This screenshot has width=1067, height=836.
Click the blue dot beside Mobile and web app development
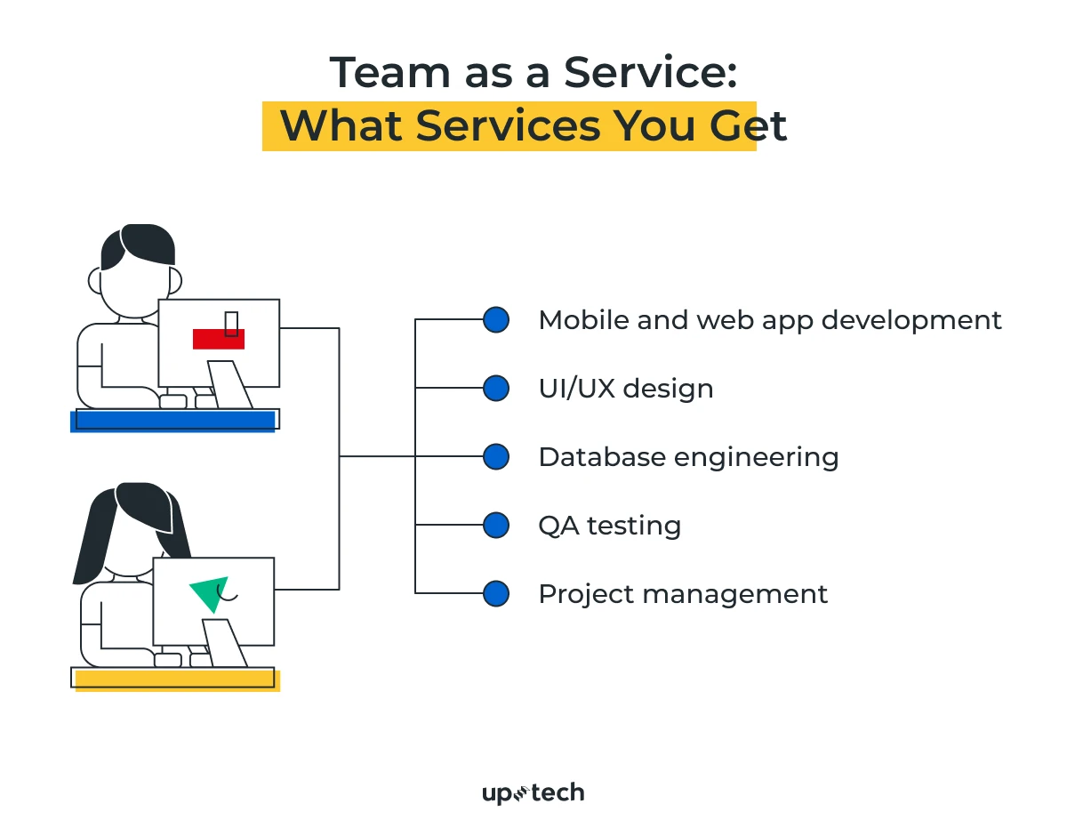(x=496, y=320)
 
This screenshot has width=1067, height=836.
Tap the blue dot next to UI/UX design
(x=496, y=389)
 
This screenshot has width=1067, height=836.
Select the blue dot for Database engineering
(x=496, y=457)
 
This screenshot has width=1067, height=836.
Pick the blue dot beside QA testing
(x=496, y=526)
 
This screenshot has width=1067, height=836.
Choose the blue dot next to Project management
(x=496, y=594)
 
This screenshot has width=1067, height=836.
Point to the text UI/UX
(x=574, y=389)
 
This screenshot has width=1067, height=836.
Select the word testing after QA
(x=635, y=526)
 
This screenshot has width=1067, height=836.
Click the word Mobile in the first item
(x=579, y=320)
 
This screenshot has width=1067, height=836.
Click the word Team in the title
(x=381, y=73)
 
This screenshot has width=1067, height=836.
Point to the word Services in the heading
(x=508, y=126)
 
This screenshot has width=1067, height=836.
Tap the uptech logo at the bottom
(x=533, y=792)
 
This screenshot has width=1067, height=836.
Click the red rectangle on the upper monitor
(x=218, y=339)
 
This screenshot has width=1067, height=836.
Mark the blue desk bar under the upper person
(x=173, y=422)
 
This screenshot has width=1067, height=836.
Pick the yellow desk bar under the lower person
(x=177, y=680)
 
